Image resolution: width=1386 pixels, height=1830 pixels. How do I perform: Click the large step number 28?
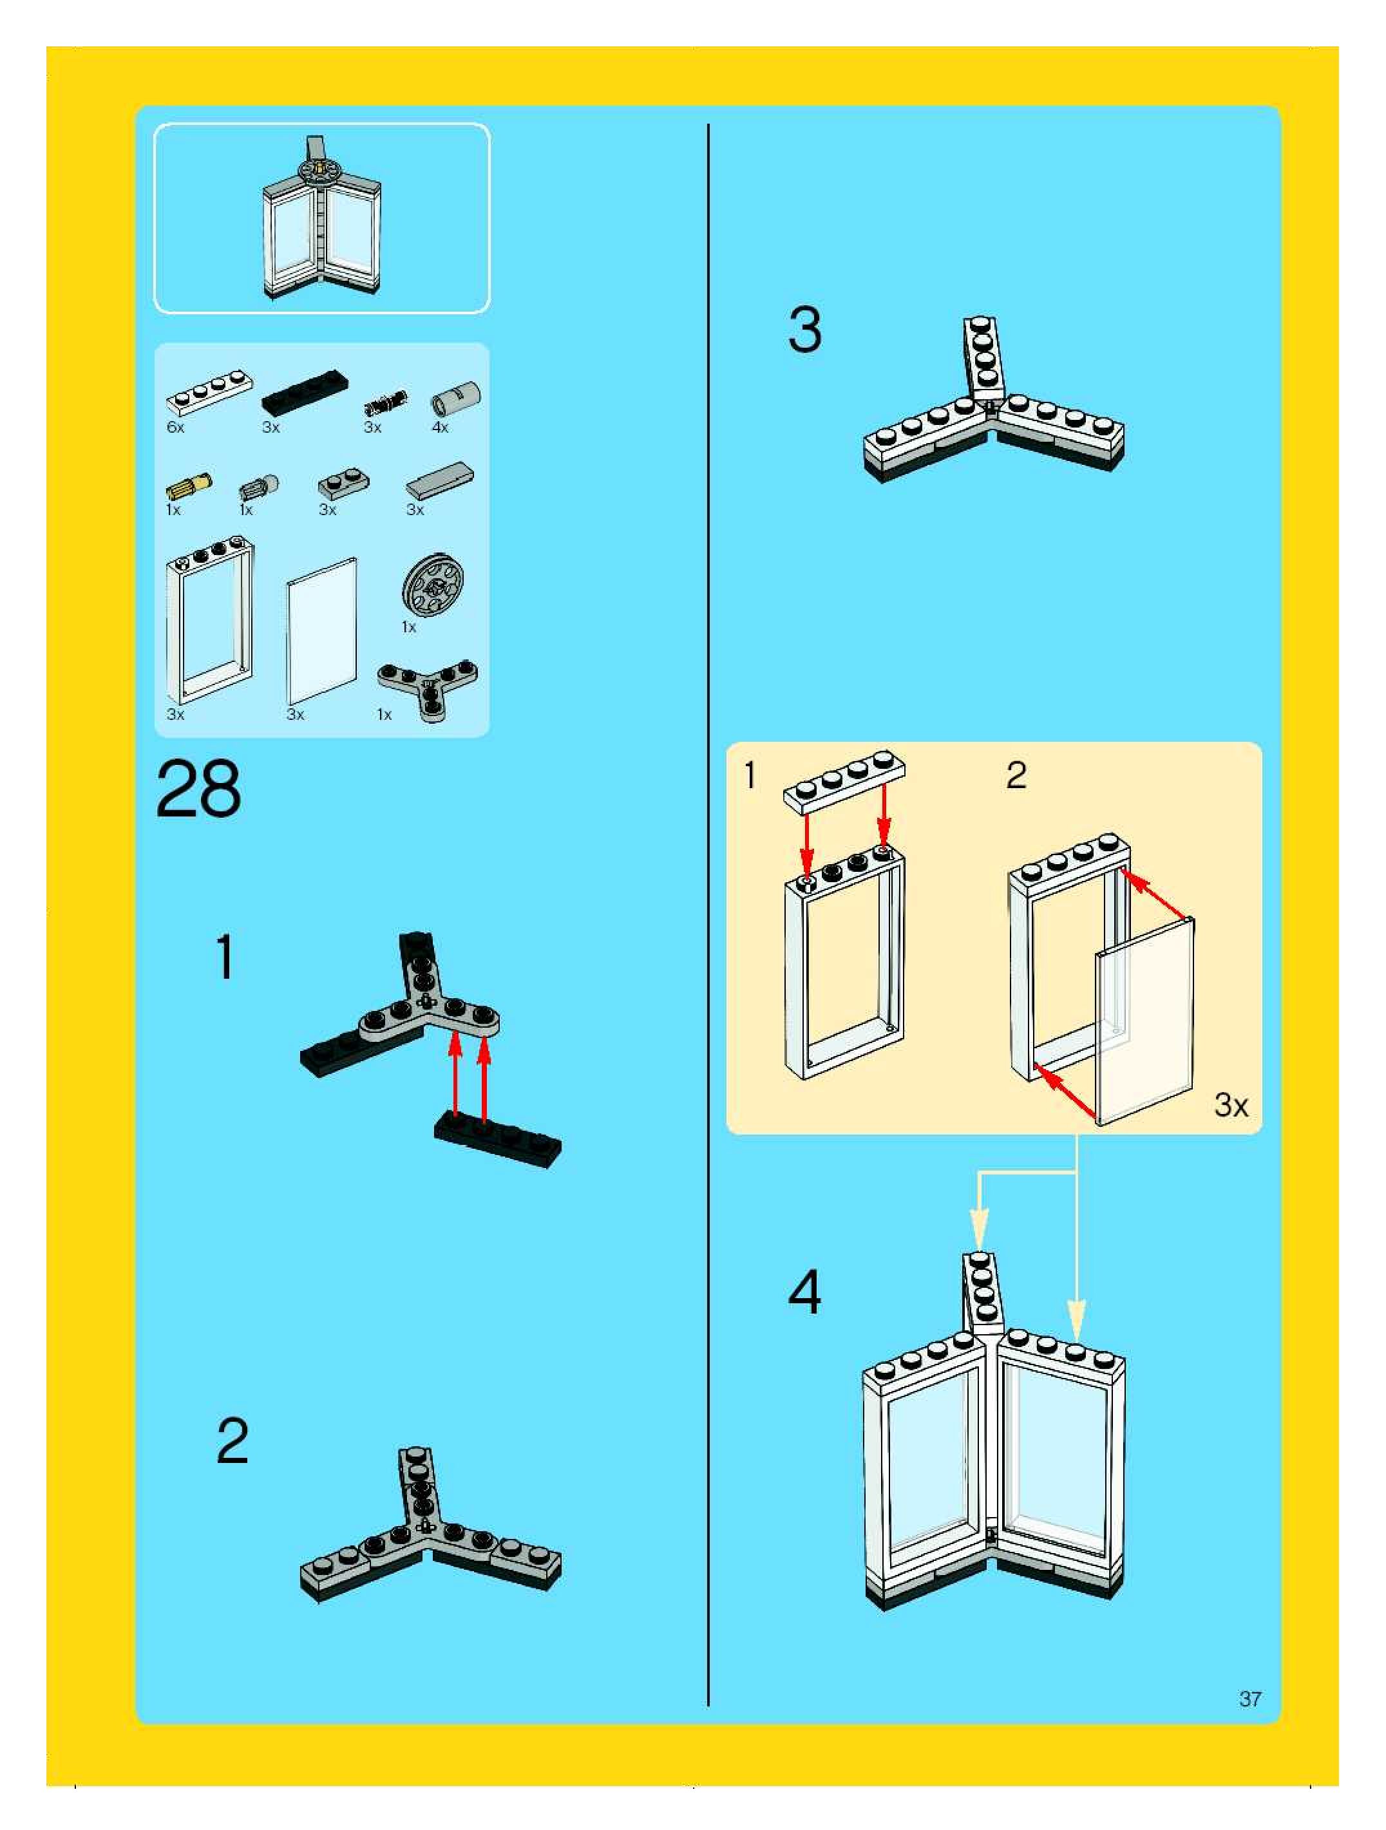pyautogui.click(x=198, y=789)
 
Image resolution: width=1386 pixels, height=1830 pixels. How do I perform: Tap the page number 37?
pyautogui.click(x=1249, y=1699)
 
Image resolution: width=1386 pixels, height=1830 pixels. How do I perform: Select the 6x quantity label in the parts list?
pyautogui.click(x=175, y=428)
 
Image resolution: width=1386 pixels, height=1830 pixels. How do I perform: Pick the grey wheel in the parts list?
pyautogui.click(x=433, y=587)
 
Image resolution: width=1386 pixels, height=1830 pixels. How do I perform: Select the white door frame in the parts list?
pyautogui.click(x=209, y=621)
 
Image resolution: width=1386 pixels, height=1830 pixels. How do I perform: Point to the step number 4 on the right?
pyautogui.click(x=804, y=1292)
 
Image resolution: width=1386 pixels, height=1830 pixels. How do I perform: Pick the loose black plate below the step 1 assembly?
pyautogui.click(x=497, y=1139)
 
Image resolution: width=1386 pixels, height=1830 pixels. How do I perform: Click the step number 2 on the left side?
pyautogui.click(x=233, y=1442)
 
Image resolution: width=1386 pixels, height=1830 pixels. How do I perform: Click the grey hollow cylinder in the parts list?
pyautogui.click(x=456, y=398)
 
